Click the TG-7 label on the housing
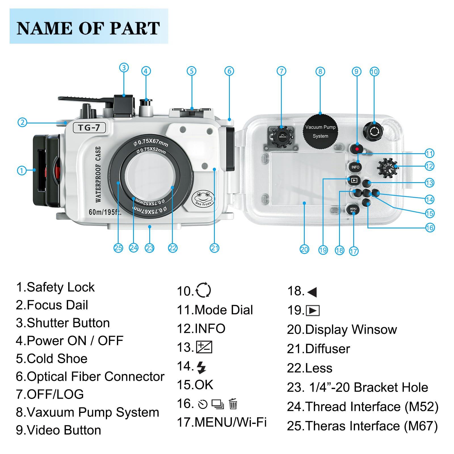click(89, 127)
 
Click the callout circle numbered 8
click(320, 71)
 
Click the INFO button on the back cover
click(355, 167)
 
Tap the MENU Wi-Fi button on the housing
click(353, 210)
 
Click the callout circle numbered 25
click(118, 248)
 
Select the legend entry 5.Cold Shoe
click(52, 359)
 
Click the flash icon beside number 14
click(201, 367)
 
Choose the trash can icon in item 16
click(233, 404)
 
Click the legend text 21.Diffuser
click(318, 349)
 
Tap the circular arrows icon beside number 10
click(203, 290)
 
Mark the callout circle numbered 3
click(124, 68)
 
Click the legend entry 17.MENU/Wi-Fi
click(222, 422)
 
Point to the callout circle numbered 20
click(304, 249)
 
